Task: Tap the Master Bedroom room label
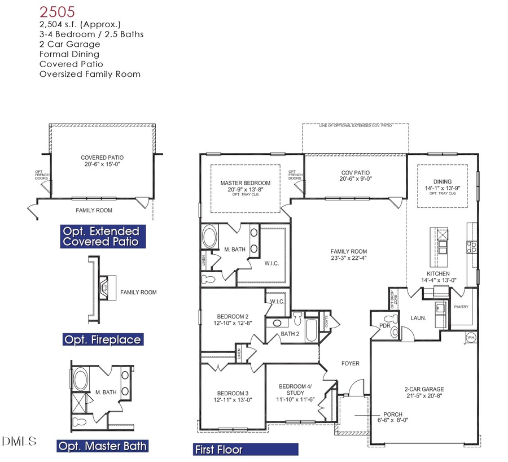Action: (245, 183)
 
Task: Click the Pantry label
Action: (461, 307)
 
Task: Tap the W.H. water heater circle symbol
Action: (470, 338)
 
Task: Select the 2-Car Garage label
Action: (424, 389)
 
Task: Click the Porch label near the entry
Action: (392, 414)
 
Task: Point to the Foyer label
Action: (350, 363)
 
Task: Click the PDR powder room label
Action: (385, 325)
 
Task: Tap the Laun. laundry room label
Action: (418, 318)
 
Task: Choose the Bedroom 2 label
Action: (233, 316)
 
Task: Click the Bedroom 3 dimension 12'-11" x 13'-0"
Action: (233, 400)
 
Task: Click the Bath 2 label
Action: (290, 334)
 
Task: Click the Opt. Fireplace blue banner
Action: (103, 339)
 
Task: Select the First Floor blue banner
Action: (244, 450)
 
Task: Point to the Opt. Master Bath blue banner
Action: (103, 446)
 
